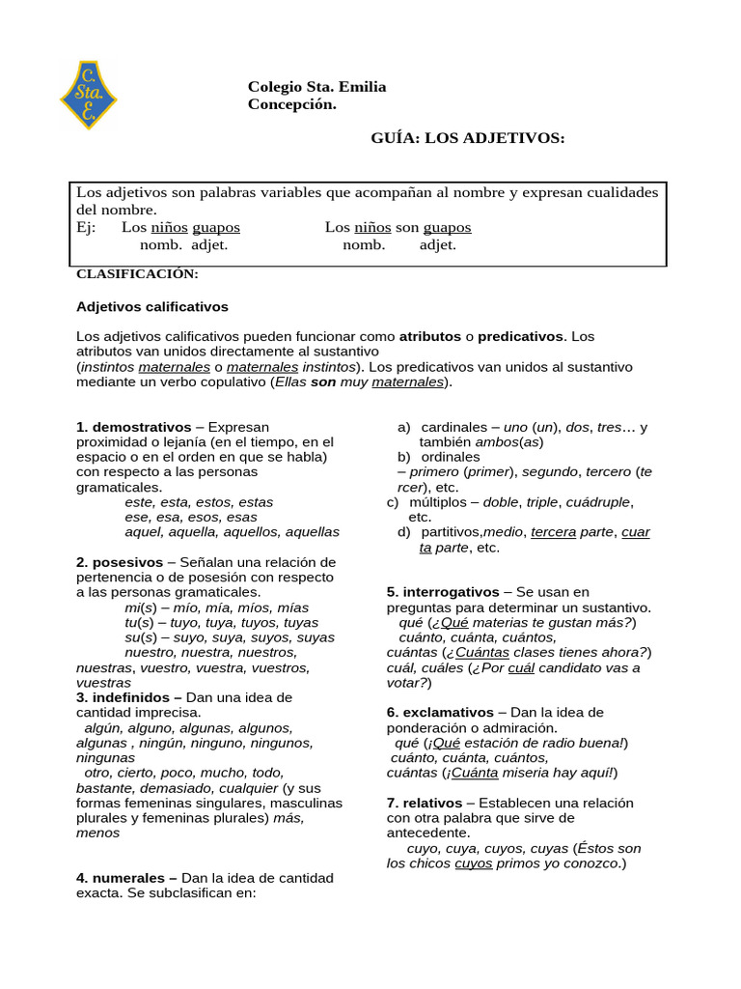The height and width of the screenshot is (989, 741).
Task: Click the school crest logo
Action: click(88, 95)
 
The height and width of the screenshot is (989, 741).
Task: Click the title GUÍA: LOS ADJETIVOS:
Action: click(468, 138)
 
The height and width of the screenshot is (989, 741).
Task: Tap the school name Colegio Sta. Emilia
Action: click(316, 87)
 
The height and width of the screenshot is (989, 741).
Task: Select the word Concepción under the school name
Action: click(291, 104)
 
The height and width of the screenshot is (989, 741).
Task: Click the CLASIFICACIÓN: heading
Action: click(137, 274)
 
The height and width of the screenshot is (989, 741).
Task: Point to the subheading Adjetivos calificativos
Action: click(151, 306)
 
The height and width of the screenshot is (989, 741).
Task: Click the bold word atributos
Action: click(430, 336)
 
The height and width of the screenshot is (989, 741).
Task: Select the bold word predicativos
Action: click(520, 336)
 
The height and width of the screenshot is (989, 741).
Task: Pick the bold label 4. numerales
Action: click(125, 878)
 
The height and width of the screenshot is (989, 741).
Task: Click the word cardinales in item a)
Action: click(453, 427)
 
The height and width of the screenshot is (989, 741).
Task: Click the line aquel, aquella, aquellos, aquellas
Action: click(232, 532)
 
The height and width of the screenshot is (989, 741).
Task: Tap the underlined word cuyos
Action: click(473, 863)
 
